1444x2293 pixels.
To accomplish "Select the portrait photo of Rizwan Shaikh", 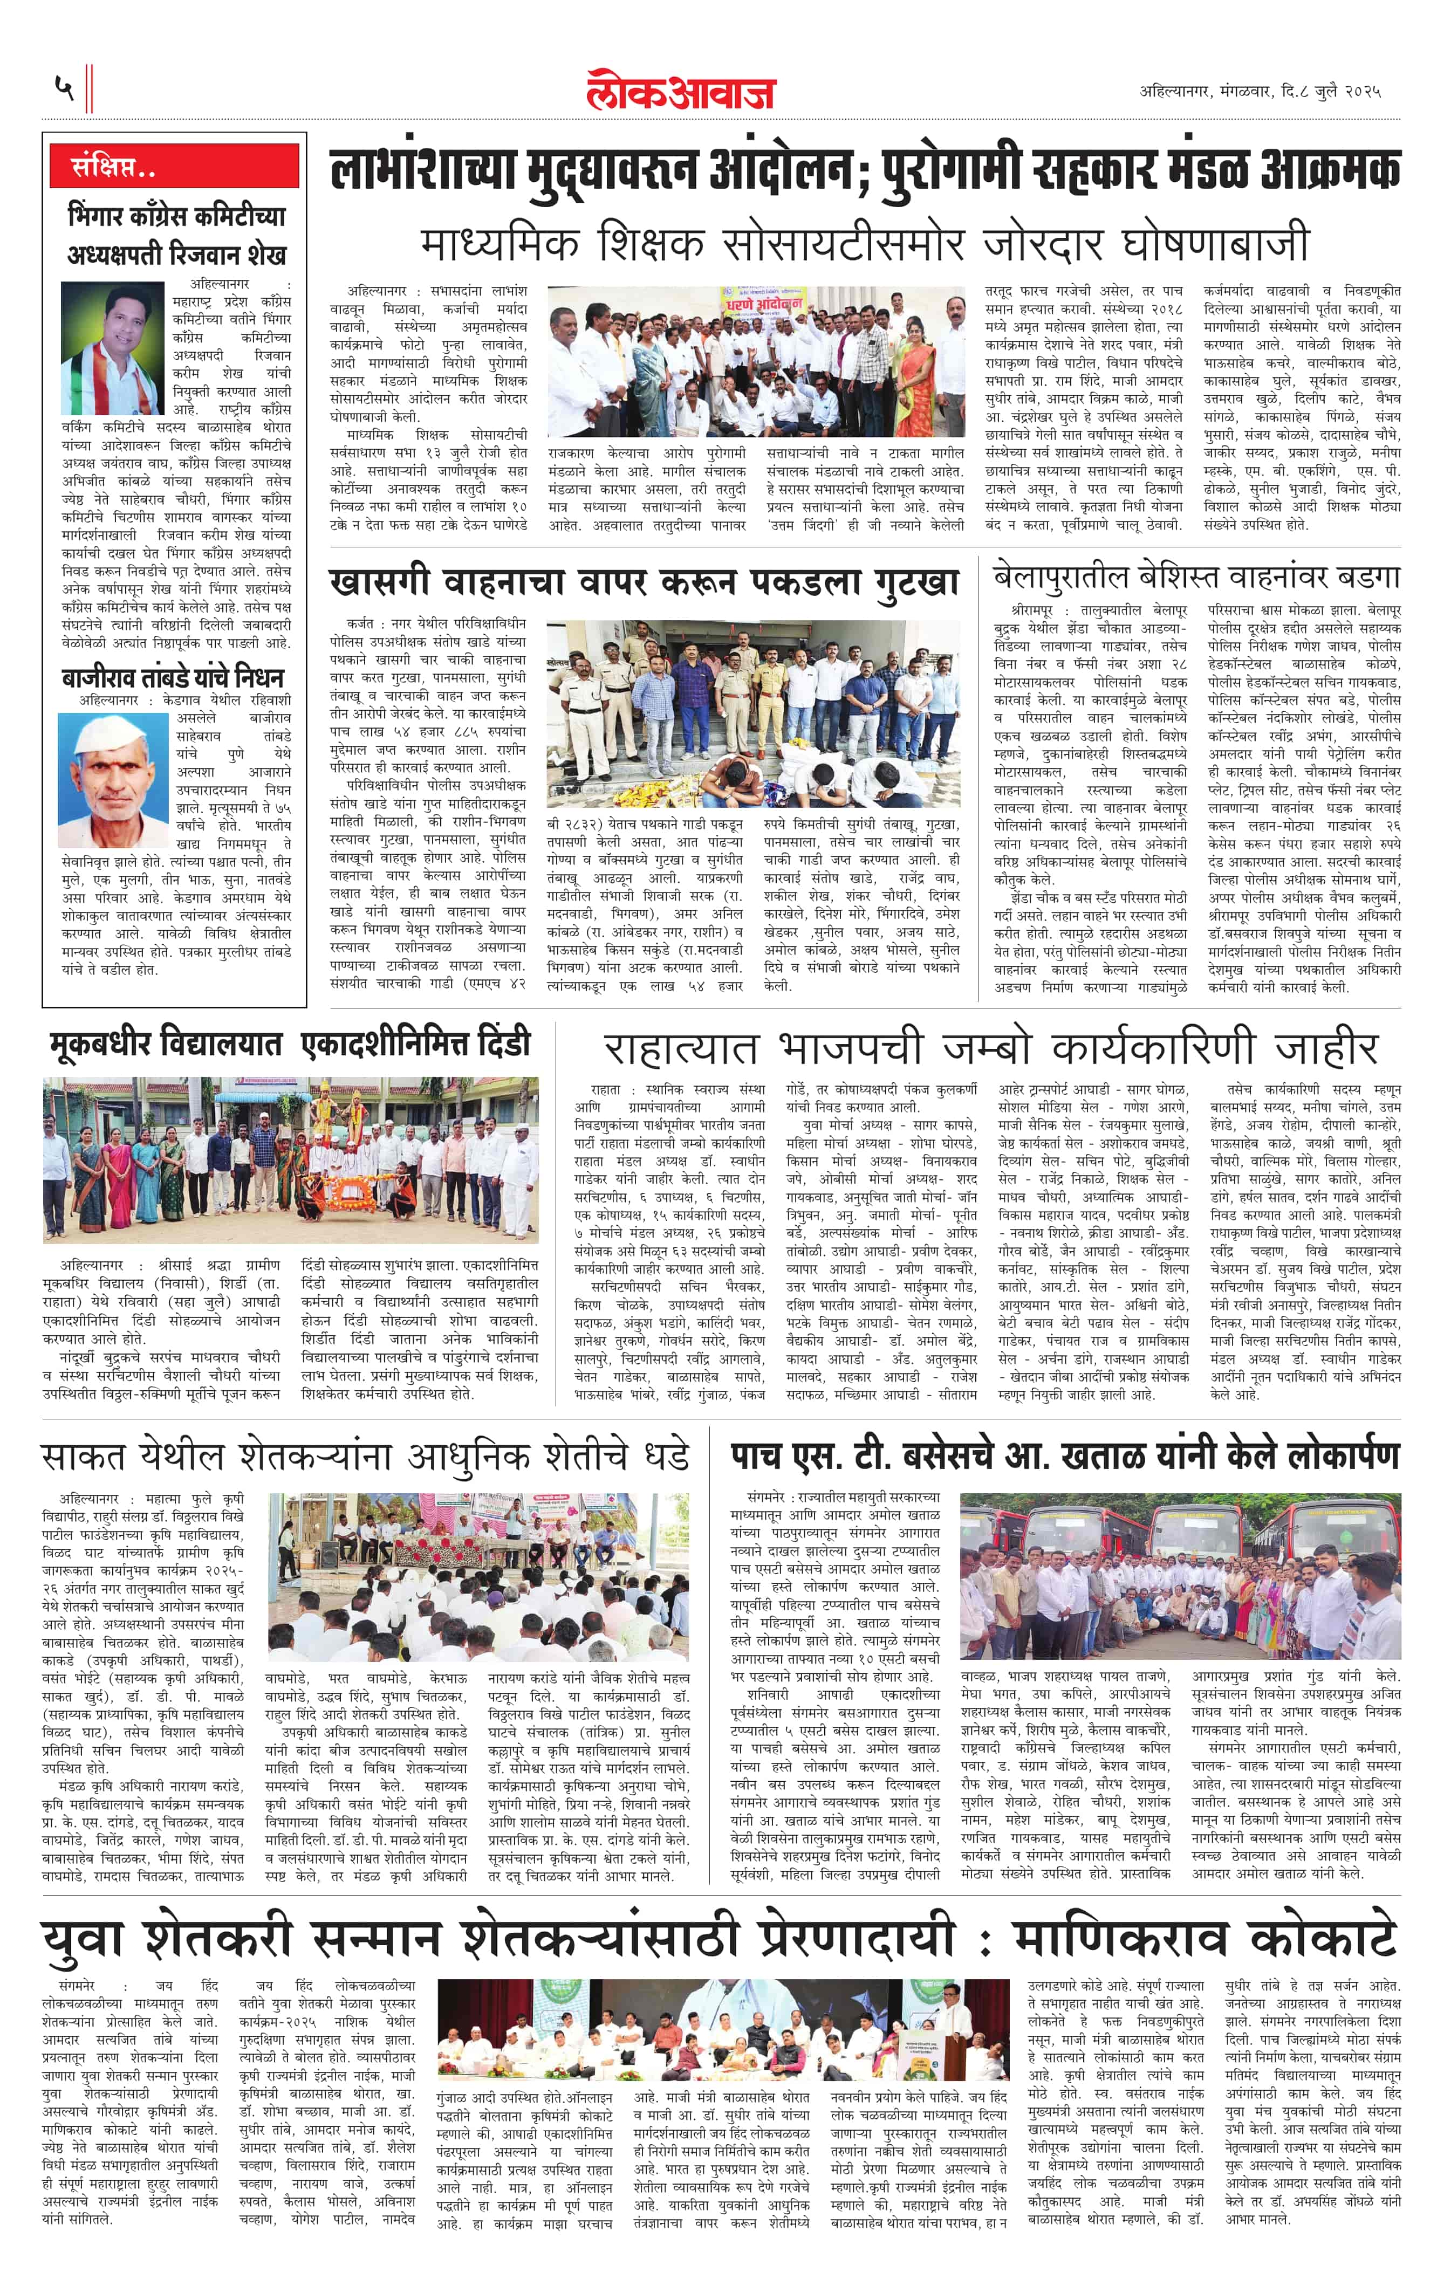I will coord(112,348).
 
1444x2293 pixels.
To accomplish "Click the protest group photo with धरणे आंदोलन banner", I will coord(755,362).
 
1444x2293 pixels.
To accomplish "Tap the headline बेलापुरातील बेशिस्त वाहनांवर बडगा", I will coord(1195,577).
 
